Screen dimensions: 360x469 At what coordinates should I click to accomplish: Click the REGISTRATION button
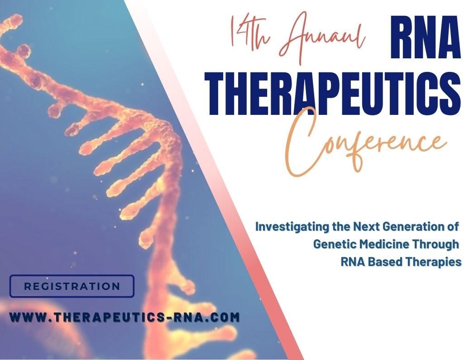click(x=72, y=286)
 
